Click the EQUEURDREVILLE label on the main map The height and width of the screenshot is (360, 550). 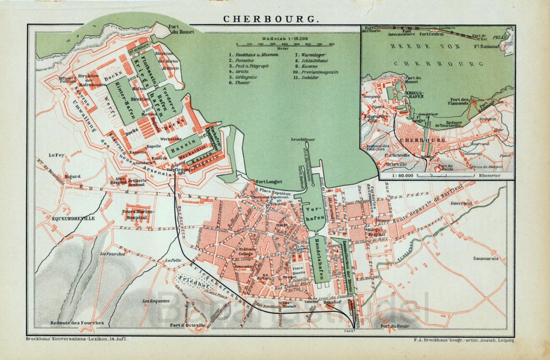click(73, 219)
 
